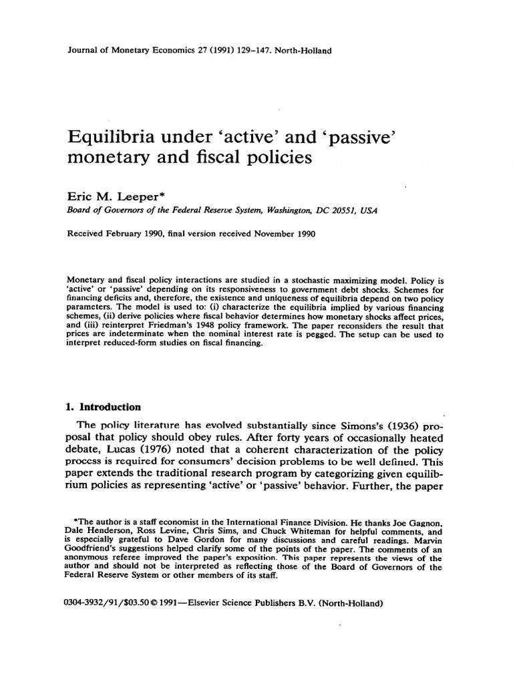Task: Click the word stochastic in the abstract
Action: click(311, 279)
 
